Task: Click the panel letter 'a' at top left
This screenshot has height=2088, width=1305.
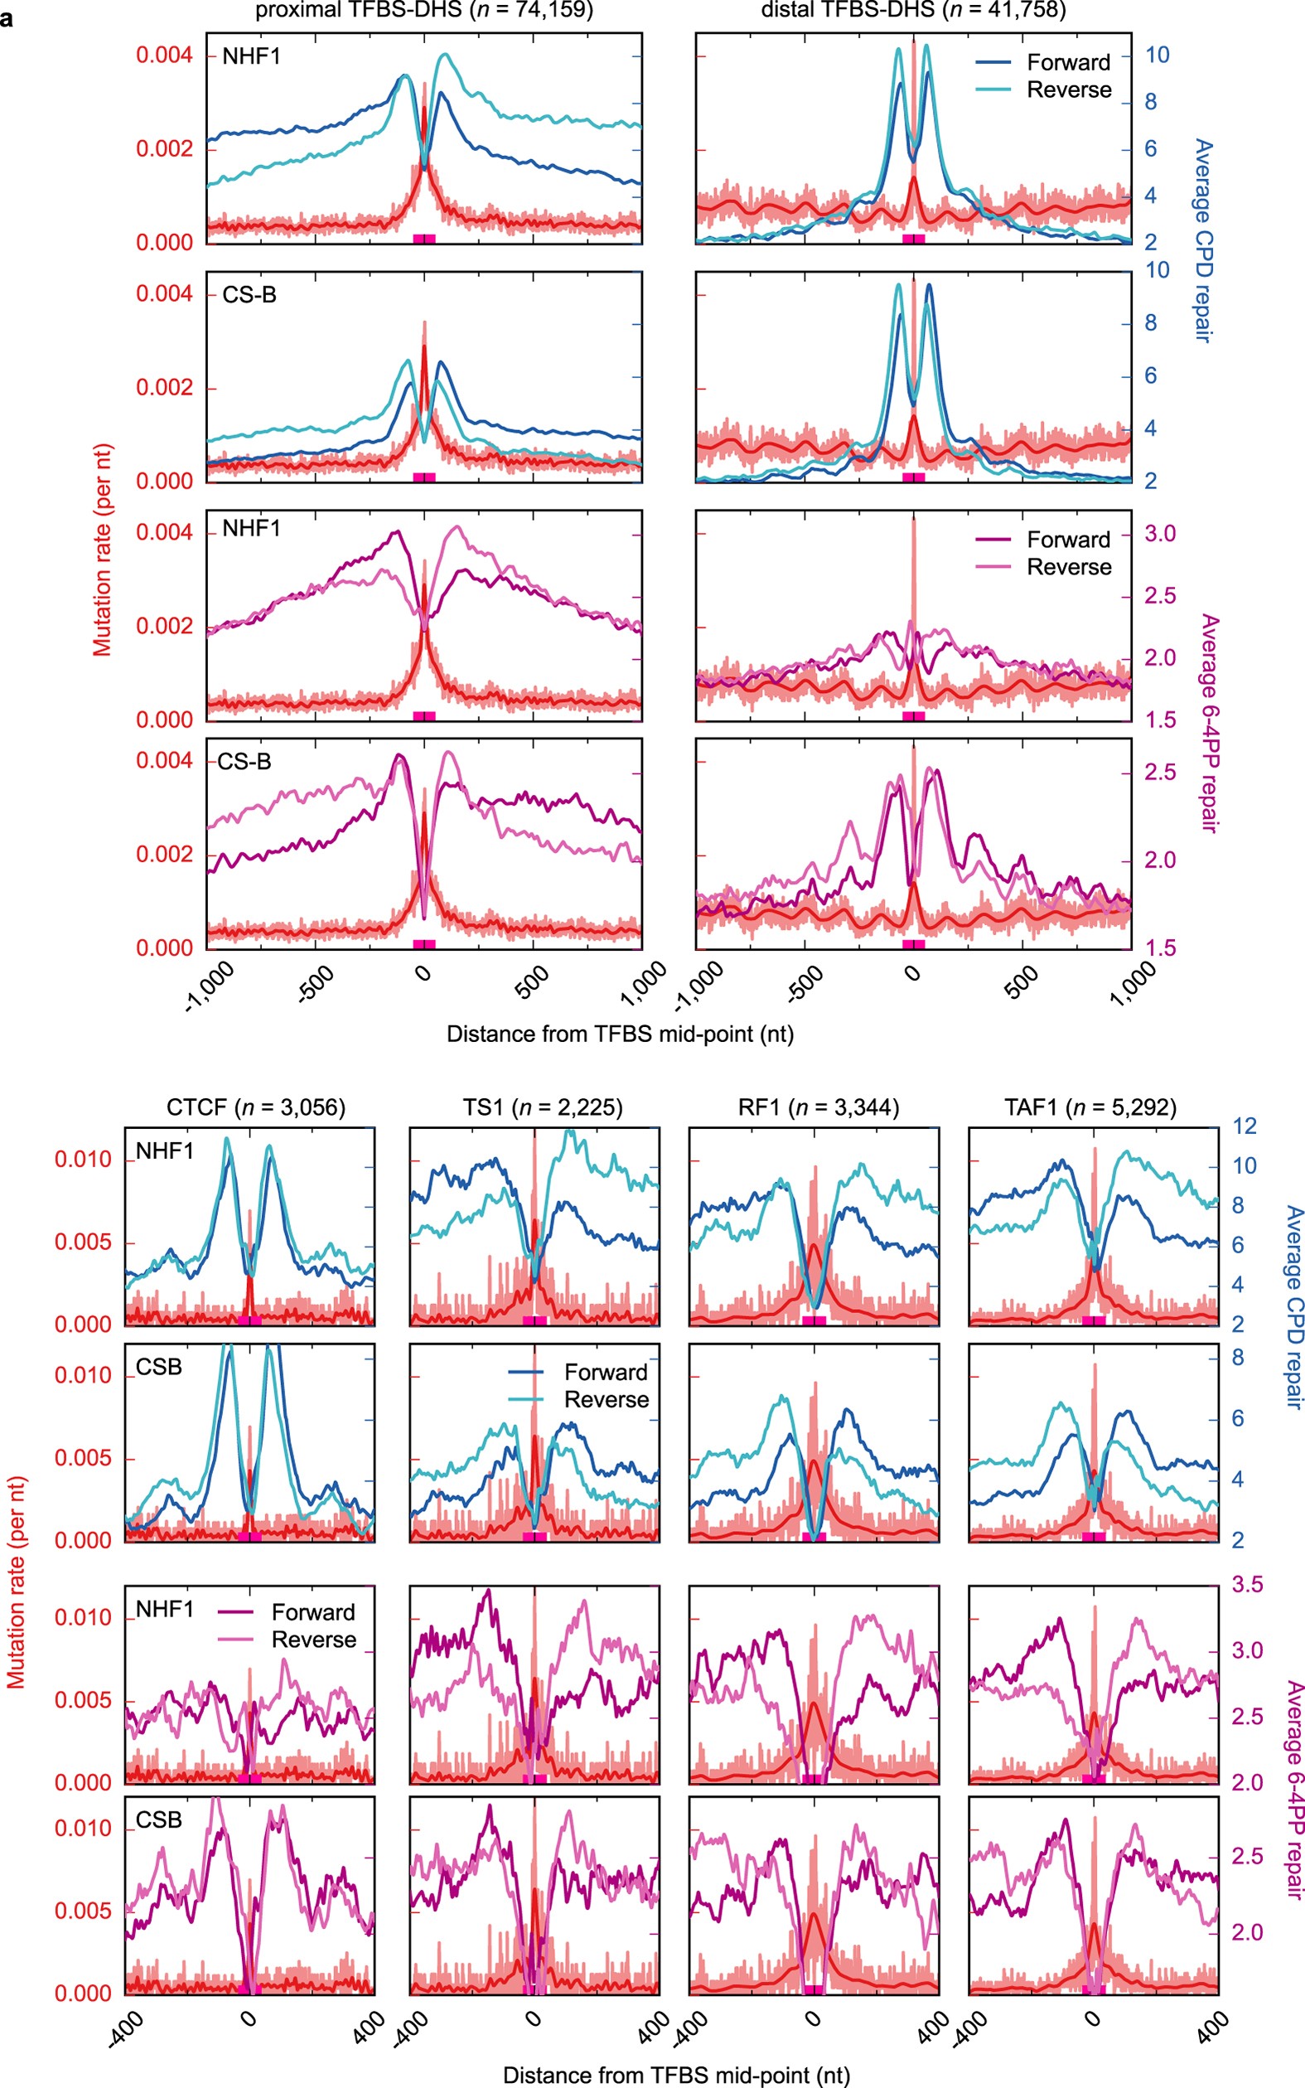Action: pyautogui.click(x=7, y=18)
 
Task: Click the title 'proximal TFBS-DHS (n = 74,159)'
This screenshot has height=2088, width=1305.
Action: pyautogui.click(x=423, y=10)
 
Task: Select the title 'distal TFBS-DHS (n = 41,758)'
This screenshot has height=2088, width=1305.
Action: pyautogui.click(x=913, y=10)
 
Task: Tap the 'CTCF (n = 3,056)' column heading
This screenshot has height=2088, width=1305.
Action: pyautogui.click(x=255, y=1107)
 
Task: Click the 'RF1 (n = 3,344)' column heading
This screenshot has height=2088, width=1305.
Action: pyautogui.click(x=819, y=1107)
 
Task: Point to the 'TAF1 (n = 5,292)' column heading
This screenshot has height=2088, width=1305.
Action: pyautogui.click(x=1090, y=1107)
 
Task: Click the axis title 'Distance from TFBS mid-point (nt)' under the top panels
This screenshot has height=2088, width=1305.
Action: pyautogui.click(x=620, y=1034)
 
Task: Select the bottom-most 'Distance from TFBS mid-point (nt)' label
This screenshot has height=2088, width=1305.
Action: pyautogui.click(x=676, y=2075)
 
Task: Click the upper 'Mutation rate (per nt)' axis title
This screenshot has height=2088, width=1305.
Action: pyautogui.click(x=103, y=550)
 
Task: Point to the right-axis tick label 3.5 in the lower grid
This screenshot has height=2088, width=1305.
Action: pyautogui.click(x=1246, y=1585)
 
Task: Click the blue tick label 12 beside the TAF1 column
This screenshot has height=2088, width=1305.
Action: pyautogui.click(x=1245, y=1126)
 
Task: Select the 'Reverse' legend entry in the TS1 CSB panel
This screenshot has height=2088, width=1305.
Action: pyautogui.click(x=606, y=1399)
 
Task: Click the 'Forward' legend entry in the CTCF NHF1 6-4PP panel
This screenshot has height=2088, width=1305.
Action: pyautogui.click(x=313, y=1612)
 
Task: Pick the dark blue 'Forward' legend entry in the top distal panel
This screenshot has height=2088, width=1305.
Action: pyautogui.click(x=1069, y=62)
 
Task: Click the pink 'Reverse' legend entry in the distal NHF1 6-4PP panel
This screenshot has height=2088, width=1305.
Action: pyautogui.click(x=1069, y=567)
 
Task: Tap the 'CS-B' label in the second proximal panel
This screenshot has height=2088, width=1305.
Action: pyautogui.click(x=249, y=295)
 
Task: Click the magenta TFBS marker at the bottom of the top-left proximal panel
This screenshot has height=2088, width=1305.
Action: pyautogui.click(x=423, y=237)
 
